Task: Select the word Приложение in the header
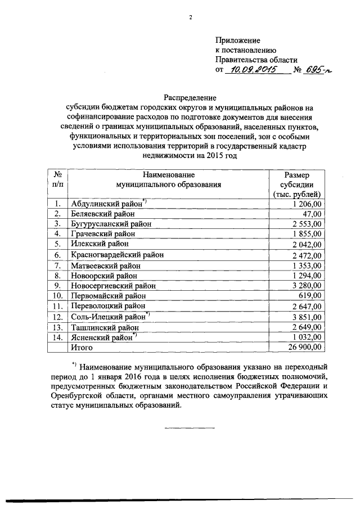click(238, 40)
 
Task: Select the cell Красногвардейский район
click(116, 255)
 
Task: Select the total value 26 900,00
click(301, 348)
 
